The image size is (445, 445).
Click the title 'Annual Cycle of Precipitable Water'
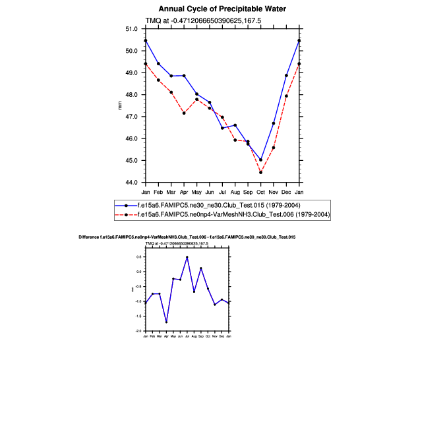click(x=222, y=9)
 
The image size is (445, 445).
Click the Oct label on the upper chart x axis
click(x=260, y=192)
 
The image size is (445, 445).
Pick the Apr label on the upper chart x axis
click(x=184, y=192)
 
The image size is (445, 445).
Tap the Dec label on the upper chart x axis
click(x=286, y=192)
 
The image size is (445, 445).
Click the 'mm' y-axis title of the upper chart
click(x=120, y=105)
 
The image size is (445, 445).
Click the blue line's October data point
click(x=261, y=160)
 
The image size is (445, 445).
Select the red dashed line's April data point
click(x=184, y=113)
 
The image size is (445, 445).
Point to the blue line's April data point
click(x=184, y=76)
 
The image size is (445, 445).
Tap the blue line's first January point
click(x=146, y=41)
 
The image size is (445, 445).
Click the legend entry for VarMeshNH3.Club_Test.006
click(x=223, y=215)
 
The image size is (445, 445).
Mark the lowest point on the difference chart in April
click(x=166, y=322)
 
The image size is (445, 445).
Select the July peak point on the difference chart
click(x=187, y=257)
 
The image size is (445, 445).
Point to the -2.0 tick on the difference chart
click(x=139, y=331)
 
